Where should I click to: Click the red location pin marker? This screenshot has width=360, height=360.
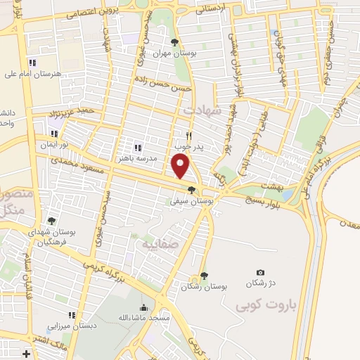click(x=181, y=165)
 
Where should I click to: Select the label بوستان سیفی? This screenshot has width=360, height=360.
click(x=192, y=200)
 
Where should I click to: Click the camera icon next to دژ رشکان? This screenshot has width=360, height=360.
click(x=261, y=273)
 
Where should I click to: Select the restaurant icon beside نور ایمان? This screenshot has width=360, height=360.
click(x=54, y=133)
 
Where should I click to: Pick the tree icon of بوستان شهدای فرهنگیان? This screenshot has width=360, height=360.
click(x=51, y=220)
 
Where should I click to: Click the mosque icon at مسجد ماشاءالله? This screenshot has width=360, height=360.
click(x=144, y=307)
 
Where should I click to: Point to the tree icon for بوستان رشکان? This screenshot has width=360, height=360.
click(x=204, y=276)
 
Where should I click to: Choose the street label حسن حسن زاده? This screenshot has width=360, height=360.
click(x=174, y=87)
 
